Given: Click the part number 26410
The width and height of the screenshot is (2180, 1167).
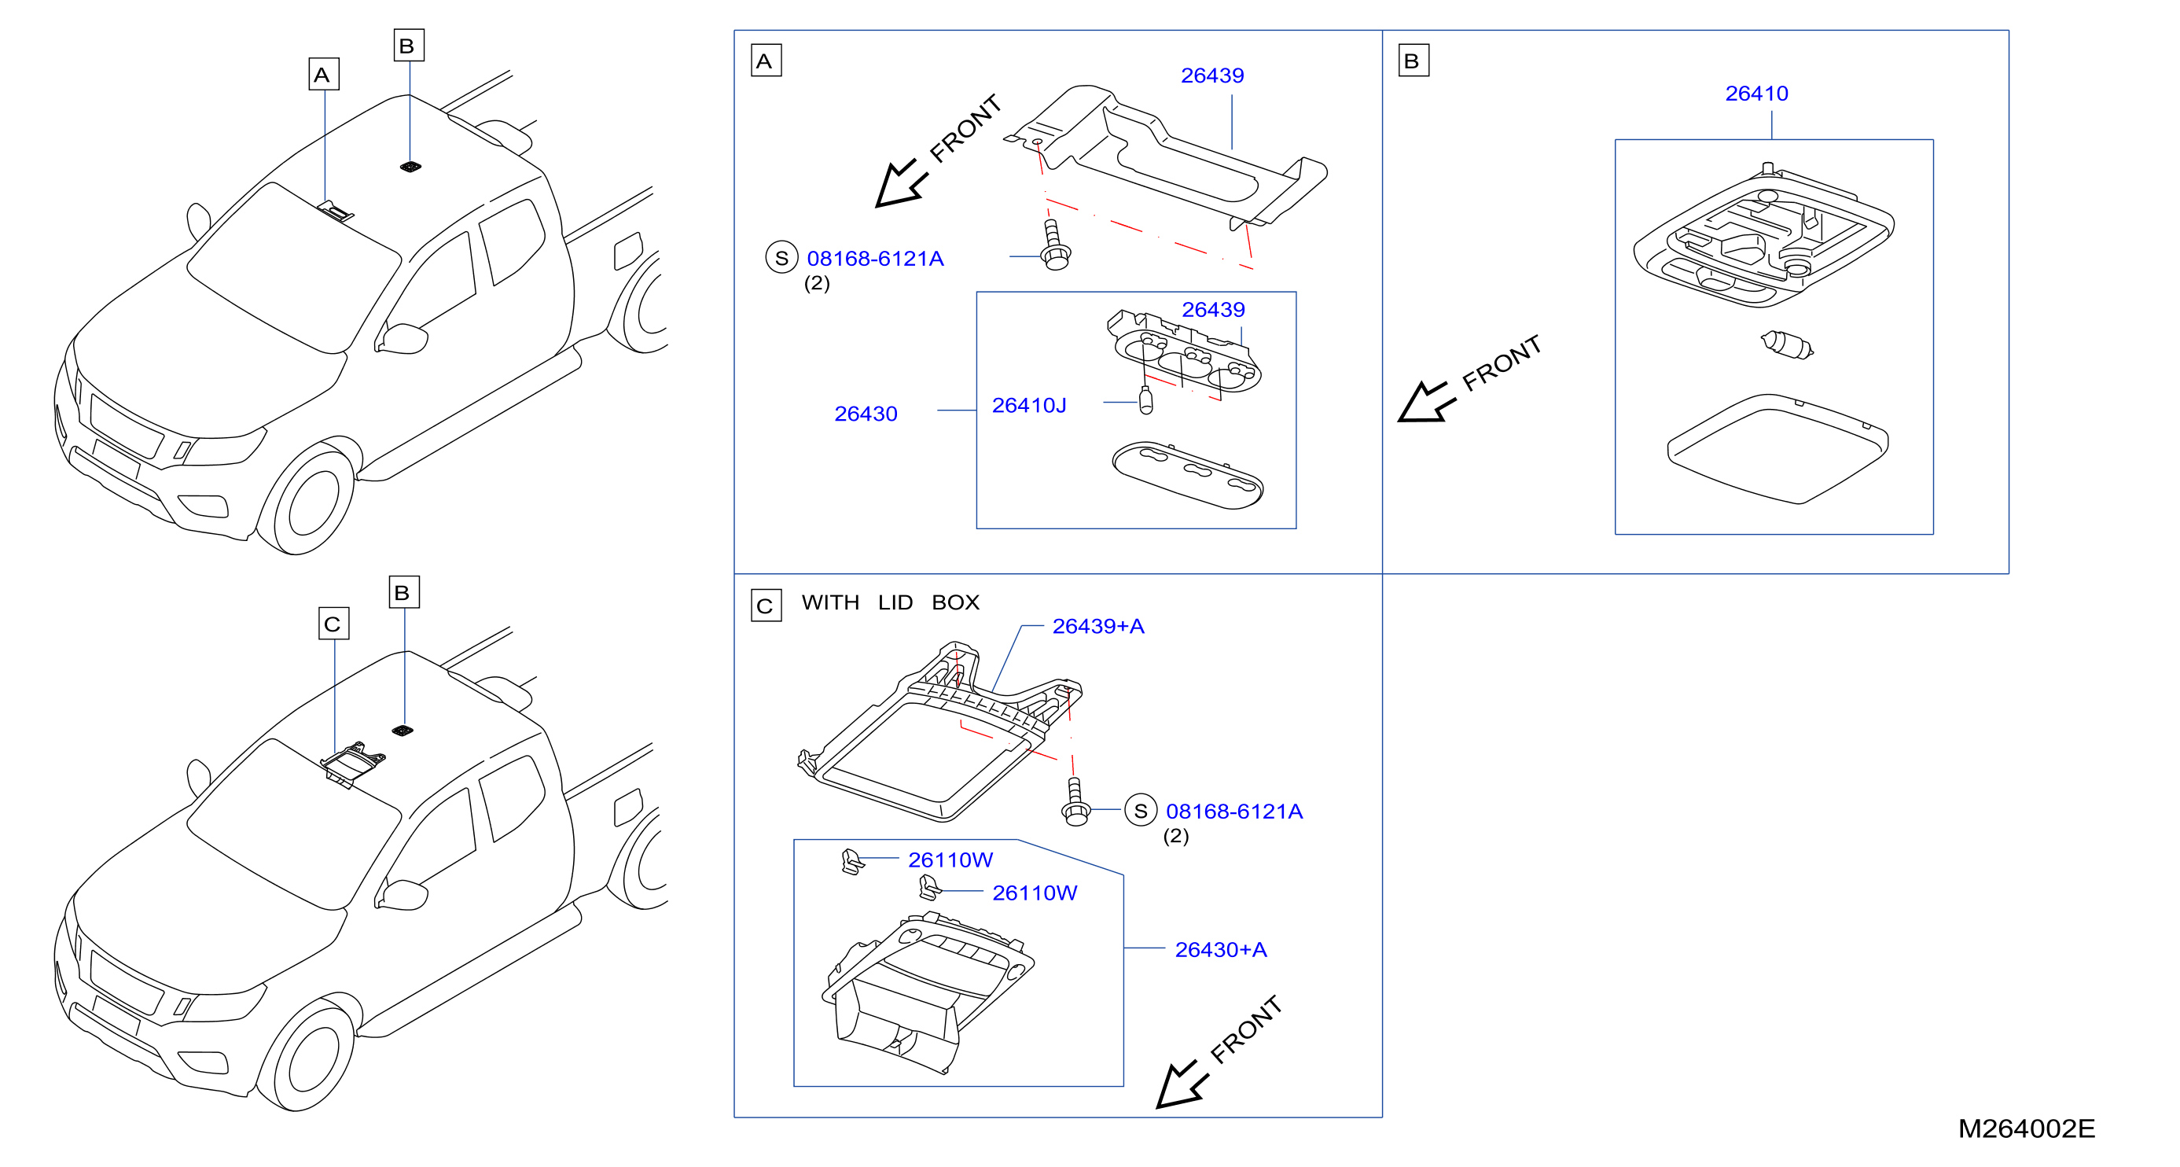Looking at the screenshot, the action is click(x=1756, y=93).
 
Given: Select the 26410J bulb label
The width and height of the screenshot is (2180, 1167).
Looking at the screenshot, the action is click(x=1028, y=405).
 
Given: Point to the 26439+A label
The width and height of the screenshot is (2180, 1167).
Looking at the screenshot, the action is click(x=1097, y=625).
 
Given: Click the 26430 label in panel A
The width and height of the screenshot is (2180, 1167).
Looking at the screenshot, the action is click(x=865, y=414).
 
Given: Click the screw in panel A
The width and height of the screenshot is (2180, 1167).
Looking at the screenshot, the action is click(x=1054, y=245).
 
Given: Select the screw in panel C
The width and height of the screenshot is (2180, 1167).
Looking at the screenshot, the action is click(x=1075, y=801).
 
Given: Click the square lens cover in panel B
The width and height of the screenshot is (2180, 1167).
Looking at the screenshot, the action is click(x=1777, y=448).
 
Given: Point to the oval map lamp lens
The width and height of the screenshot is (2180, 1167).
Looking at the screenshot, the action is click(x=1187, y=475).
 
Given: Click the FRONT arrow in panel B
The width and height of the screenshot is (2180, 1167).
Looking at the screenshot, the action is click(x=1427, y=401).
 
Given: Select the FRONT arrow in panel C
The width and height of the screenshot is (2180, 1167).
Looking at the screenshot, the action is click(x=1183, y=1085).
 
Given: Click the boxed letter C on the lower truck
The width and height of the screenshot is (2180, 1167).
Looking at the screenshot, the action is click(x=333, y=624).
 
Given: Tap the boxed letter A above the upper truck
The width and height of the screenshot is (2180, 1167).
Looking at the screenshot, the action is click(x=322, y=75).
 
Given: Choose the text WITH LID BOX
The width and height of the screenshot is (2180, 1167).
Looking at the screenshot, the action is click(x=890, y=602).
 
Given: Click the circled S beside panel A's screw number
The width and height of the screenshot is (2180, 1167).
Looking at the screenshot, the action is click(x=781, y=258).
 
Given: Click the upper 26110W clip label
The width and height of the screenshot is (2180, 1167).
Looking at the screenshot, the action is click(x=950, y=860).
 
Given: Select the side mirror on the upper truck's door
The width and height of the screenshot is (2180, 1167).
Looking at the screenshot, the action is click(x=402, y=337).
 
